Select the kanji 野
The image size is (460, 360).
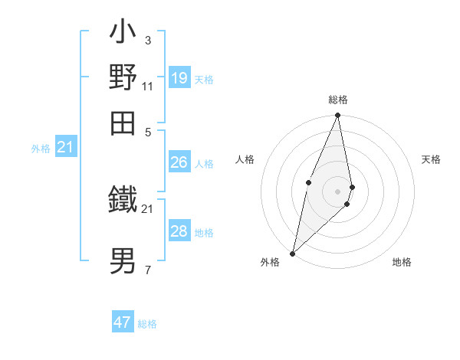[x=123, y=77]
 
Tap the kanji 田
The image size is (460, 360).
[x=123, y=123]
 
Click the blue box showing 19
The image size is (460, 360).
[x=179, y=78]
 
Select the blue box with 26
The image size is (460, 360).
[x=179, y=162]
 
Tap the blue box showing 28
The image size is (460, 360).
[x=179, y=231]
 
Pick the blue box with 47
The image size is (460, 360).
[x=123, y=322]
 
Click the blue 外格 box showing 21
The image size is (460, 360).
[x=65, y=147]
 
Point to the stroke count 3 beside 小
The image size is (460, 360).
[x=147, y=40]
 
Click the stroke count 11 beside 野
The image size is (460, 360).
[x=148, y=86]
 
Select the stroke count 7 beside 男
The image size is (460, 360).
[x=147, y=270]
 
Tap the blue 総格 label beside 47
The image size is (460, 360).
[x=147, y=324]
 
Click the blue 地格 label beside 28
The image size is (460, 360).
[x=204, y=233]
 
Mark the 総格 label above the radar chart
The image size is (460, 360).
[x=337, y=100]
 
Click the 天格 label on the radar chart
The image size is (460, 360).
[x=432, y=159]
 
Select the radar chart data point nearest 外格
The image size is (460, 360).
[x=293, y=253]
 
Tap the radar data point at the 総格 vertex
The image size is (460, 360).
[x=337, y=116]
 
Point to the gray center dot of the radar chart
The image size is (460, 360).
[x=337, y=191]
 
